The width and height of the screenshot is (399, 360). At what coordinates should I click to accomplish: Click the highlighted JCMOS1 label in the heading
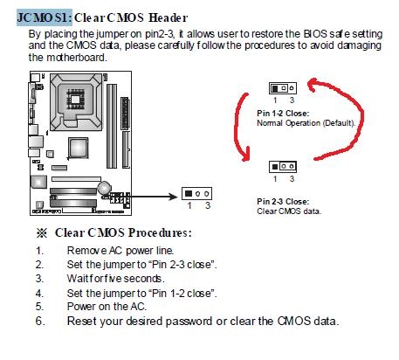45,17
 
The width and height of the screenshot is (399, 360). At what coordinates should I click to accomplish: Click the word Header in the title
169,17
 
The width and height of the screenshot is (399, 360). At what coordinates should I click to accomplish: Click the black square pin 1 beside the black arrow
189,193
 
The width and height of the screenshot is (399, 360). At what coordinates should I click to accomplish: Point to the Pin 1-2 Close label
283,114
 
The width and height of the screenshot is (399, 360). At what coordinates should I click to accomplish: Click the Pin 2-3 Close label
283,201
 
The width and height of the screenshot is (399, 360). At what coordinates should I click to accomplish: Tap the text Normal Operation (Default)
306,123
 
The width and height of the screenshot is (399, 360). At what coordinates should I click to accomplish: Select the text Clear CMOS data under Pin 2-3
289,211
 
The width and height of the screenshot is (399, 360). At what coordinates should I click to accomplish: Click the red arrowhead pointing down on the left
245,155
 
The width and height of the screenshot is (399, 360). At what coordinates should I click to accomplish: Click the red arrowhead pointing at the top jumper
313,85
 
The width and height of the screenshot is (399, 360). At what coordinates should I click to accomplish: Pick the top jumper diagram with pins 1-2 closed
283,88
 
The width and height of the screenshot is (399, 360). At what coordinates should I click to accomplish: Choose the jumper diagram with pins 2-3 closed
283,167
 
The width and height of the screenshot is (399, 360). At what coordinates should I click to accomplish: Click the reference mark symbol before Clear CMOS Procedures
42,233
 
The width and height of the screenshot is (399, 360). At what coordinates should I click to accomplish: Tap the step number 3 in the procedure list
39,279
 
